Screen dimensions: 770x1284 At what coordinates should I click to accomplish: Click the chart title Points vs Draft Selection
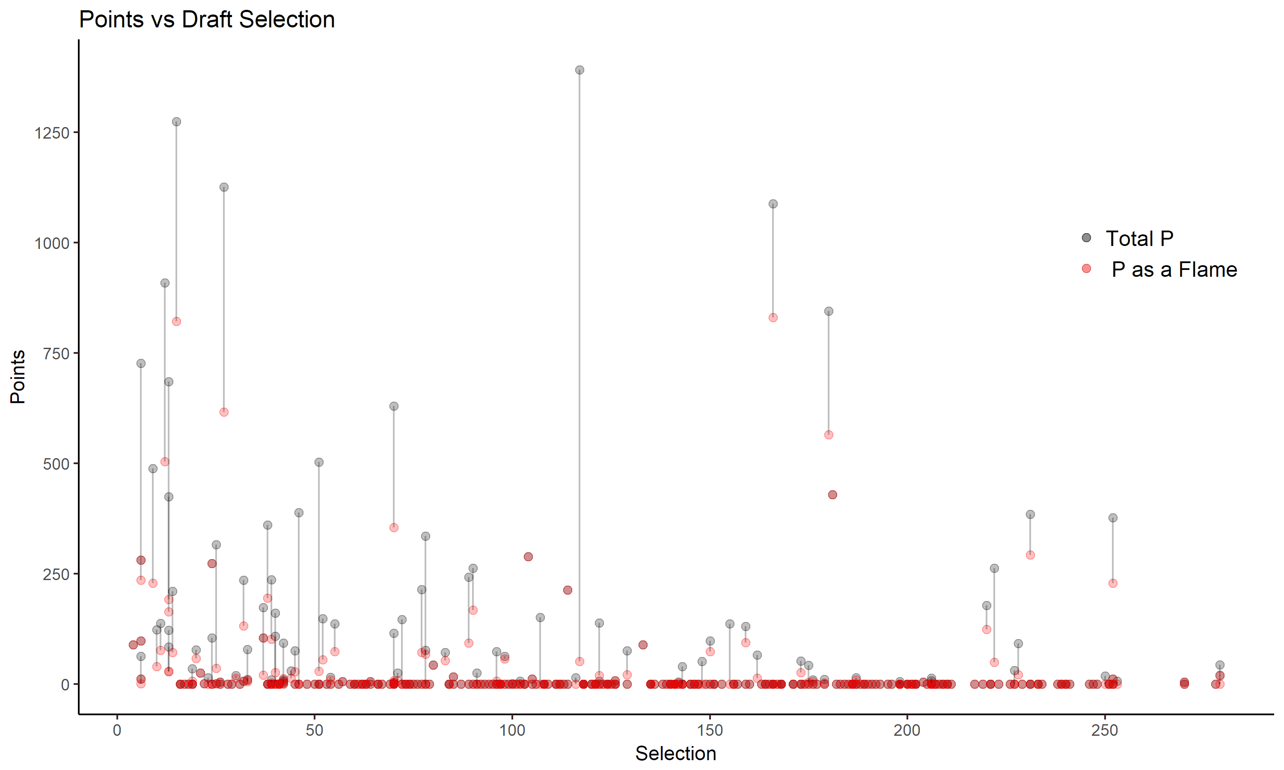tap(207, 20)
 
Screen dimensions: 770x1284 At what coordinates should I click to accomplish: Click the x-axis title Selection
tap(675, 753)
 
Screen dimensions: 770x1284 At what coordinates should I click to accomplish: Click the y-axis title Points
tap(18, 377)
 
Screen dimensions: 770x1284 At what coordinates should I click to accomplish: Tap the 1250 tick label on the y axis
tap(51, 133)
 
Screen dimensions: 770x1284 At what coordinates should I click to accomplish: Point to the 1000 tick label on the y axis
tap(51, 243)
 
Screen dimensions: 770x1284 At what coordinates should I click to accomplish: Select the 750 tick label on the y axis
tap(56, 354)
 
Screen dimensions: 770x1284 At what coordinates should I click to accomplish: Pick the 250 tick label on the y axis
tap(56, 575)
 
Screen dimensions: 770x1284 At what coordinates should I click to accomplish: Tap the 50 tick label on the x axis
tap(315, 731)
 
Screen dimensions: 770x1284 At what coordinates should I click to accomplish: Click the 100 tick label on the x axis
tap(512, 731)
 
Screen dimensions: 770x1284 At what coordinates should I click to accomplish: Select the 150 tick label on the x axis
tap(710, 731)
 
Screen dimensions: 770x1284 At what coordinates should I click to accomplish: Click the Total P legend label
tap(1139, 239)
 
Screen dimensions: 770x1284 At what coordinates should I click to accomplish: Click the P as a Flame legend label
tap(1174, 270)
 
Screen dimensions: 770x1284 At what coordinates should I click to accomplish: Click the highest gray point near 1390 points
tap(580, 70)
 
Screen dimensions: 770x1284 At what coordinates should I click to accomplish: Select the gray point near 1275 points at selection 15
tap(176, 122)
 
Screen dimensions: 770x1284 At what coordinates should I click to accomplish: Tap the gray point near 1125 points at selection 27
tap(224, 187)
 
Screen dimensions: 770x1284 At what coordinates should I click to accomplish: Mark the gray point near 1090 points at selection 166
tap(773, 204)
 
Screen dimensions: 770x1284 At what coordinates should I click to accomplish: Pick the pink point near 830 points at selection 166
tap(773, 317)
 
